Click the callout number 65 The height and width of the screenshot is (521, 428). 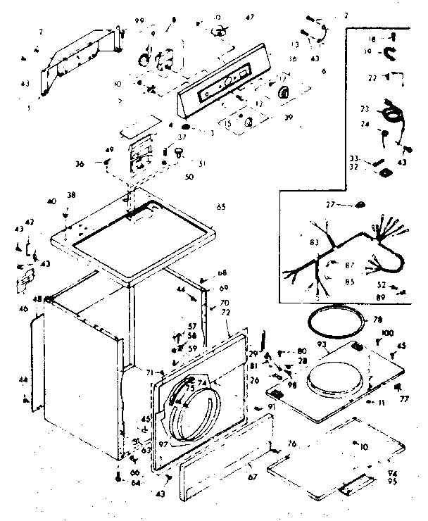(221, 208)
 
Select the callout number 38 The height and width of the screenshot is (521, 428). (71, 195)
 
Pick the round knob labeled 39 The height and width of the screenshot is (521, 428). (284, 92)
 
